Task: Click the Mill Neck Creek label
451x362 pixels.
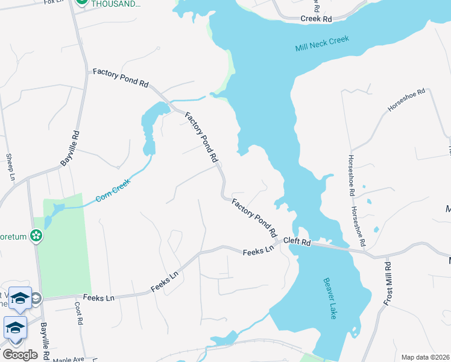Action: pyautogui.click(x=322, y=44)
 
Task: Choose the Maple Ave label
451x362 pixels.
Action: pyautogui.click(x=68, y=360)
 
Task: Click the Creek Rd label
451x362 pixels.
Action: pyautogui.click(x=317, y=19)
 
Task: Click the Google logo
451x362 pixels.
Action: pyautogui.click(x=19, y=355)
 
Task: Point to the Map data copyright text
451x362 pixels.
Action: pyautogui.click(x=425, y=357)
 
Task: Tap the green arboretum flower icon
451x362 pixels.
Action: pyautogui.click(x=37, y=236)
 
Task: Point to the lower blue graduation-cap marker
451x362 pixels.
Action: pyautogui.click(x=15, y=328)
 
